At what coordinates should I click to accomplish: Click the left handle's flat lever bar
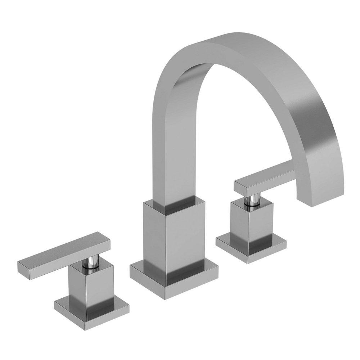pos(61,256)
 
